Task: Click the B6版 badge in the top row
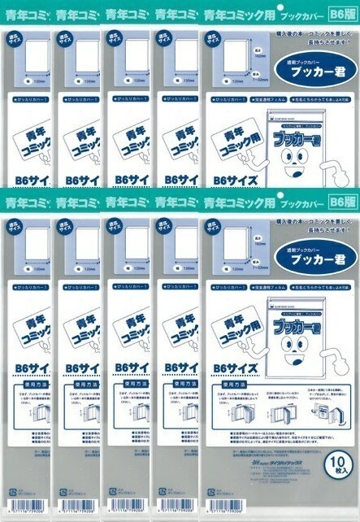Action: pos(340,13)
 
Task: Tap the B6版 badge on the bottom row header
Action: pos(340,200)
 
